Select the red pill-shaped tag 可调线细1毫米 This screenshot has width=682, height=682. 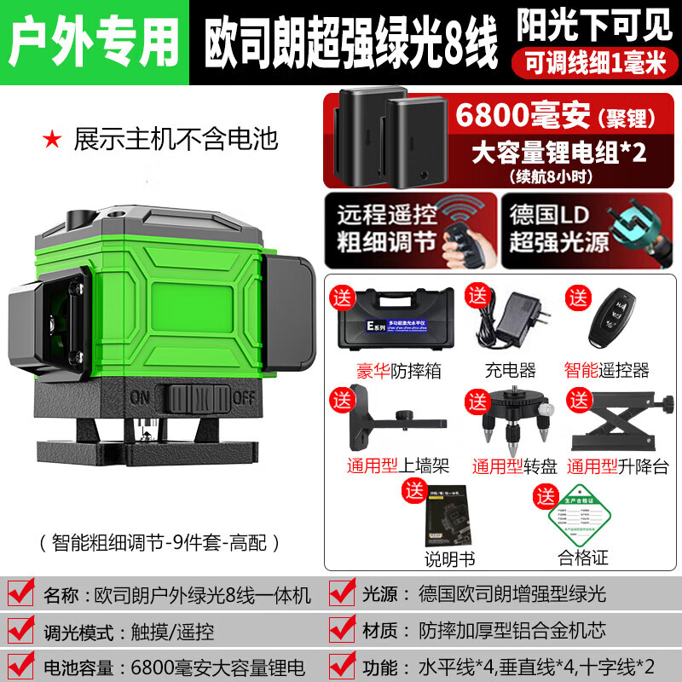(592, 62)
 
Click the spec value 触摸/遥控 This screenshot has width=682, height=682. (173, 631)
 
